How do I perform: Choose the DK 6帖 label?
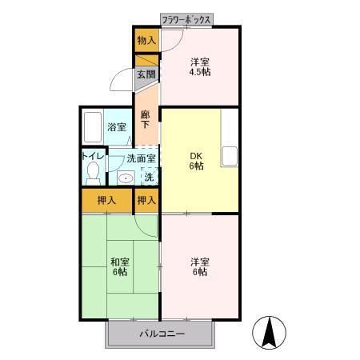click(195, 160)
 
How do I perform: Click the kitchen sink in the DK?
click(230, 155)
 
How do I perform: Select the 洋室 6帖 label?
click(199, 266)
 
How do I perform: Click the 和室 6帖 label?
click(119, 266)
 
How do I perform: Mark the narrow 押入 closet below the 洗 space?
click(146, 200)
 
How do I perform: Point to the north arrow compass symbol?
click(270, 332)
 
